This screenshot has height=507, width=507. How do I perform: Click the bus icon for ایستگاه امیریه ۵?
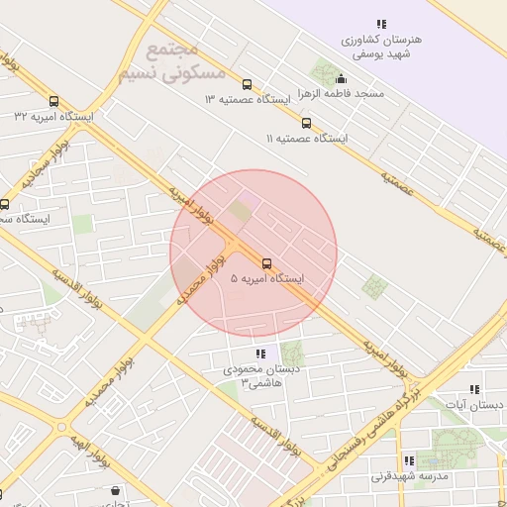pyautogui.click(x=266, y=262)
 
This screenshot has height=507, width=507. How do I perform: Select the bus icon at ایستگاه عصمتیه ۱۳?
pyautogui.click(x=247, y=84)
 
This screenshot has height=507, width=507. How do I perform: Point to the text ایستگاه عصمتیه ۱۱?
pyautogui.click(x=308, y=139)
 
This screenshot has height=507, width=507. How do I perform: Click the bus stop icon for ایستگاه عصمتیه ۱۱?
pyautogui.click(x=306, y=124)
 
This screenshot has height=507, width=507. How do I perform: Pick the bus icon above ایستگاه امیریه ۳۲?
pyautogui.click(x=53, y=100)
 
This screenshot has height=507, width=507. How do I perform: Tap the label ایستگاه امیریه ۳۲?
pyautogui.click(x=53, y=116)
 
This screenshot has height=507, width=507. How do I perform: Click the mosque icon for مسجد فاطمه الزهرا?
pyautogui.click(x=342, y=79)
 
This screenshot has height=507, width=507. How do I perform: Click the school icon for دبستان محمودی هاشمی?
pyautogui.click(x=260, y=354)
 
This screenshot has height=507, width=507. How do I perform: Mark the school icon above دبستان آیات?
pyautogui.click(x=474, y=390)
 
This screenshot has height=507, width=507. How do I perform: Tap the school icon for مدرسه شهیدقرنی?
pyautogui.click(x=409, y=461)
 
